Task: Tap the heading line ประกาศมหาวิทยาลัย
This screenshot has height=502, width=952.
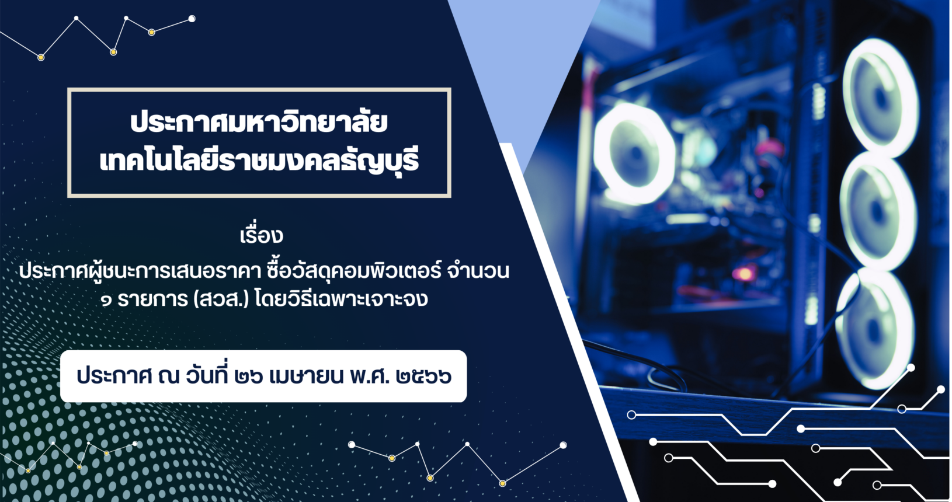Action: (x=259, y=123)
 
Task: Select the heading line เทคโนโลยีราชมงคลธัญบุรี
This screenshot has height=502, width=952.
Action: (x=259, y=161)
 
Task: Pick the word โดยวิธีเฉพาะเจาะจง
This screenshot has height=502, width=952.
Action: (x=342, y=300)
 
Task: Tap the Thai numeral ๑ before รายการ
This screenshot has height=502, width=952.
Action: (x=106, y=301)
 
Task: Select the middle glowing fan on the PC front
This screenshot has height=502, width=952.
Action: (x=876, y=212)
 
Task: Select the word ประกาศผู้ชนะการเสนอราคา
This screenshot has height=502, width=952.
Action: (x=140, y=272)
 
